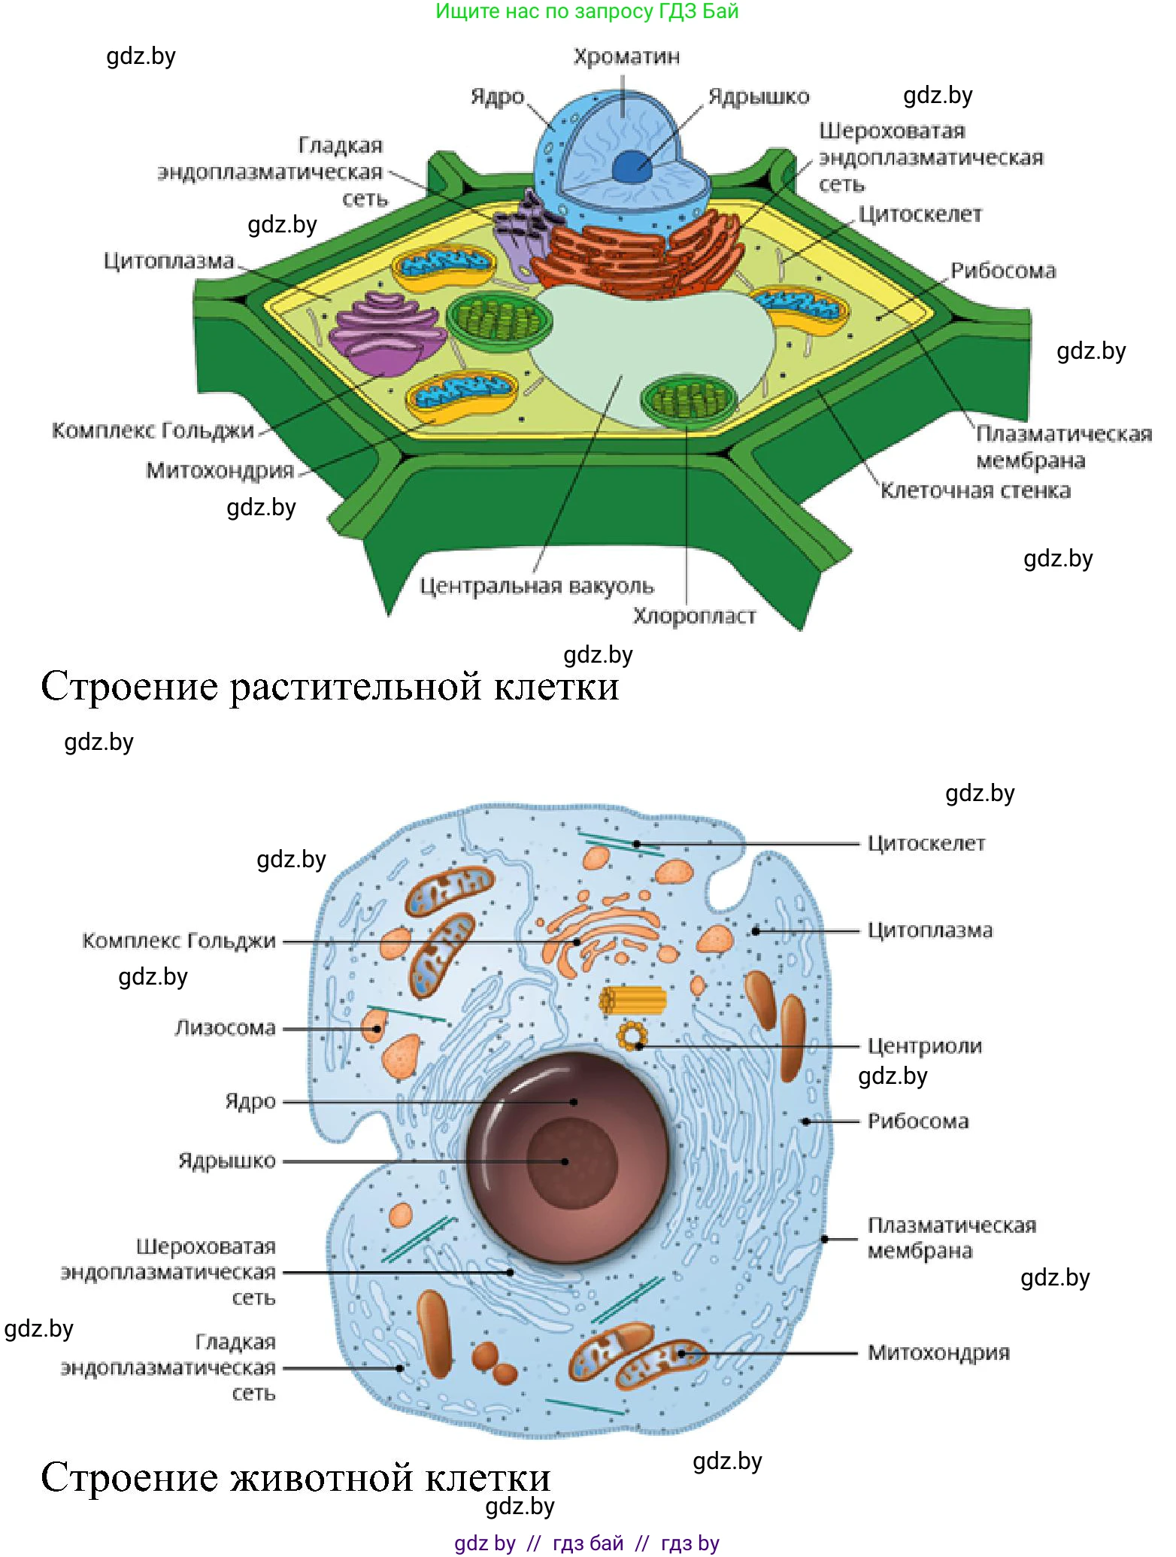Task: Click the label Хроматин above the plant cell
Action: pos(626,57)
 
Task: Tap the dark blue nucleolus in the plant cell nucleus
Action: pos(632,166)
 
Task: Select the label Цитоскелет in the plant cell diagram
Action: pos(920,214)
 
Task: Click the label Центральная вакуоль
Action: pos(536,586)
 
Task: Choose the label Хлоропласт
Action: pos(694,616)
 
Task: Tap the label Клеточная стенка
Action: pos(975,490)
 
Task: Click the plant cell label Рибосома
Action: pos(1003,271)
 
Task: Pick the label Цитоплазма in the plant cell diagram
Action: pos(169,261)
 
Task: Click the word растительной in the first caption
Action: pos(355,687)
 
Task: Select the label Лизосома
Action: pos(226,1027)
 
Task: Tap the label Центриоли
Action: pos(924,1046)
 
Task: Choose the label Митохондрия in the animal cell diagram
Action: pos(938,1352)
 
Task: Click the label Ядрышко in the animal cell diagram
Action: pos(227,1161)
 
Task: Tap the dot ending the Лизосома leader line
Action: pos(377,1028)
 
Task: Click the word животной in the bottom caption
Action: pos(322,1478)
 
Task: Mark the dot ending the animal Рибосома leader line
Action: pos(805,1121)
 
